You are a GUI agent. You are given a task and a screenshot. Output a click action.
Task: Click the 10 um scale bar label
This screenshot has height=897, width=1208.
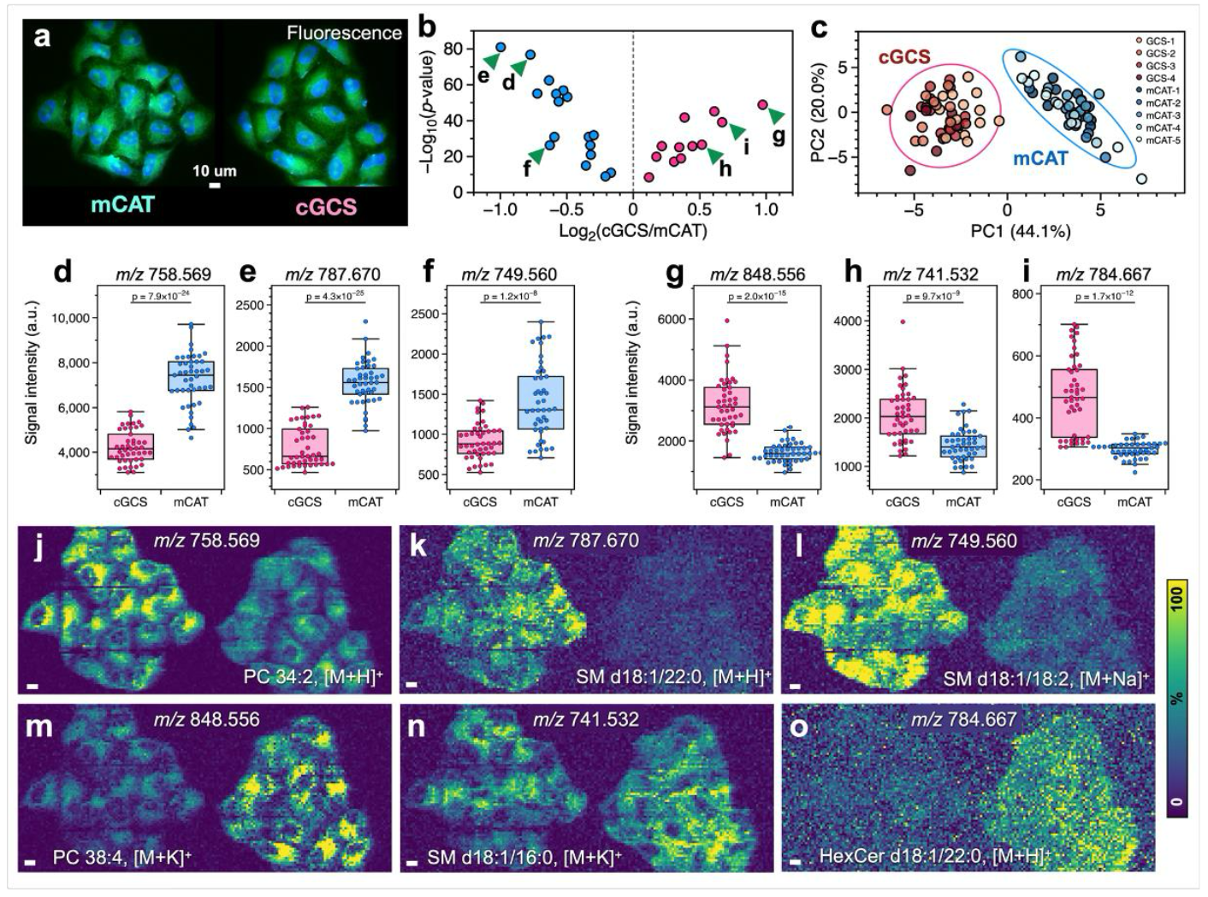[214, 170]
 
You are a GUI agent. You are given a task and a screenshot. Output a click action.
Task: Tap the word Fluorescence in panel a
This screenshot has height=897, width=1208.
[344, 33]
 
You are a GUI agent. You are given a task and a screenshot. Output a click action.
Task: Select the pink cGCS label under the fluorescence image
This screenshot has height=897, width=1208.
[326, 206]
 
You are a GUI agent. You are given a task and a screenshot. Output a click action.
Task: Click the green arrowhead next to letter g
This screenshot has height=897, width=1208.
[776, 115]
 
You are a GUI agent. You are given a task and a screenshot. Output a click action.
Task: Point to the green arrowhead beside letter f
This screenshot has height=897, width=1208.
[536, 154]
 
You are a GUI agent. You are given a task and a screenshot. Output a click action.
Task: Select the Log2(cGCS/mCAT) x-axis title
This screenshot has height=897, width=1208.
[632, 230]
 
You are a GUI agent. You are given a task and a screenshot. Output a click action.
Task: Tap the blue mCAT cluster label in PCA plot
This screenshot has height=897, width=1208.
[1040, 157]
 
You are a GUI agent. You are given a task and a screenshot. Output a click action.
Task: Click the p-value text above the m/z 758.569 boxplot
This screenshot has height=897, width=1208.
[163, 297]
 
